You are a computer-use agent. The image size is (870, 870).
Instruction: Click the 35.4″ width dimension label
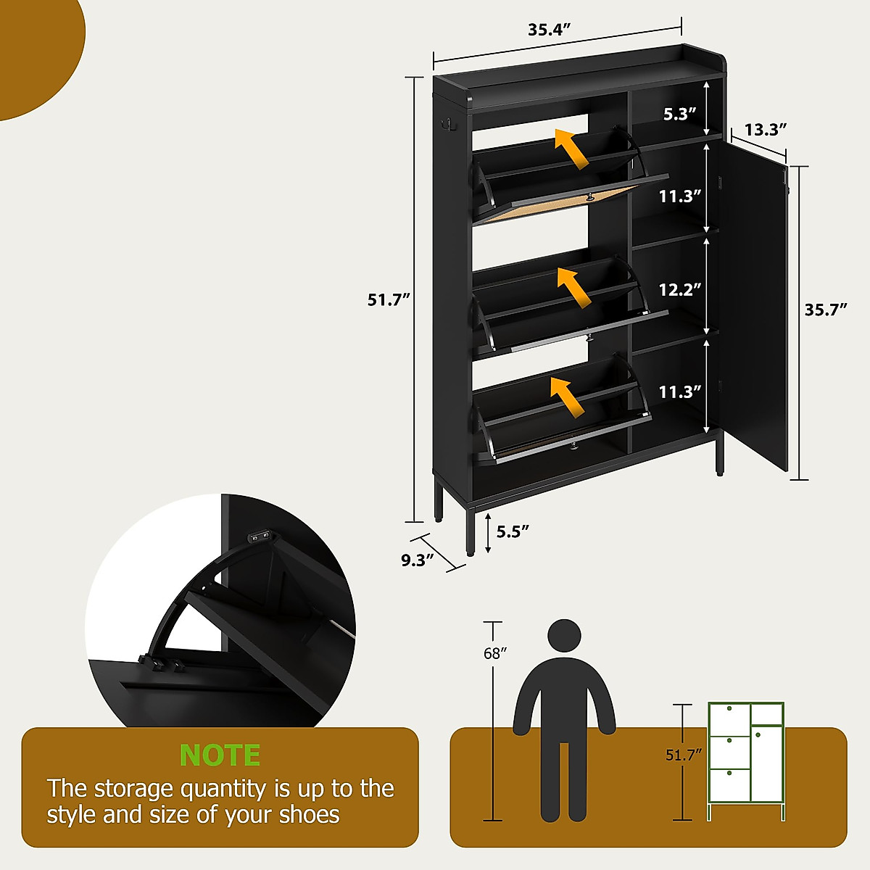[x=550, y=30]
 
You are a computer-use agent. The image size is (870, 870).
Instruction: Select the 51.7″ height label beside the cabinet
[x=389, y=299]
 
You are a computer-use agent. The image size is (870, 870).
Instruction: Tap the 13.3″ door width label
[x=766, y=130]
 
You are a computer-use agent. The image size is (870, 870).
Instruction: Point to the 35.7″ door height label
[x=826, y=310]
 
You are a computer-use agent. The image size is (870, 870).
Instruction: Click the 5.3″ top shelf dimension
[x=679, y=113]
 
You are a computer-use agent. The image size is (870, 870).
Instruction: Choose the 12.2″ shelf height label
[x=680, y=290]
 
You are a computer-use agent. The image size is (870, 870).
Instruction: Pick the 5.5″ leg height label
[x=513, y=531]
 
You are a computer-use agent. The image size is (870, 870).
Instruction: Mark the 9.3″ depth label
[x=418, y=559]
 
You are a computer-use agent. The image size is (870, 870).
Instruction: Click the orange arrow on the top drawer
[x=571, y=149]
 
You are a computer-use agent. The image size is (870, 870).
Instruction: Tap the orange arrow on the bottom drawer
[x=568, y=397]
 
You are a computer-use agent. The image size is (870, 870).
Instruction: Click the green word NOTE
[x=220, y=755]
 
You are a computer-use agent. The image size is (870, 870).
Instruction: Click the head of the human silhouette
[x=564, y=637]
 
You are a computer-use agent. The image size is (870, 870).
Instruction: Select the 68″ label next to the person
[x=494, y=653]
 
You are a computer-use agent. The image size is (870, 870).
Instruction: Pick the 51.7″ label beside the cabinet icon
[x=684, y=755]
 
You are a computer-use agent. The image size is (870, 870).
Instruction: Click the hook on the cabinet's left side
[x=445, y=125]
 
